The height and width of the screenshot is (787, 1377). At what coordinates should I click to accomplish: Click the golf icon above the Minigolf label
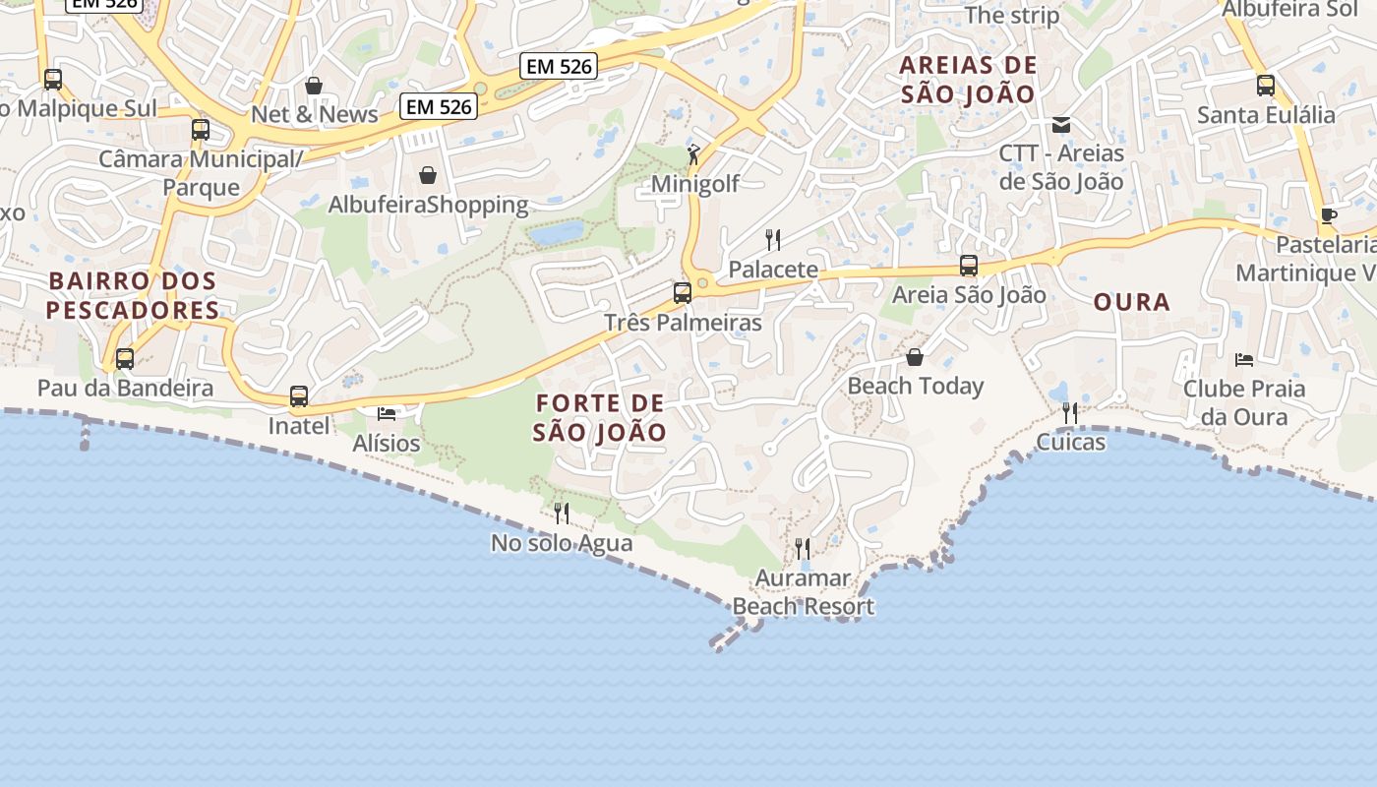[693, 153]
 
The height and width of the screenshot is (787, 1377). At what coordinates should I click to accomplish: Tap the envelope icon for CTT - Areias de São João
[1061, 125]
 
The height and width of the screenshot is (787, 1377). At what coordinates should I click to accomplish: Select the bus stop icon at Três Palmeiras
[682, 292]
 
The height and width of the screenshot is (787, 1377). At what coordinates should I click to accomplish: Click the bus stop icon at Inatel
[299, 396]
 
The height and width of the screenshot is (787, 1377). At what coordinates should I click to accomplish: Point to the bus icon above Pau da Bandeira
[125, 359]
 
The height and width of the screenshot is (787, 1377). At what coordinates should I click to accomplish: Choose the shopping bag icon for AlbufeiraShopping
[428, 175]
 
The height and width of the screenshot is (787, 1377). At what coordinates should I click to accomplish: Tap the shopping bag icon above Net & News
[314, 86]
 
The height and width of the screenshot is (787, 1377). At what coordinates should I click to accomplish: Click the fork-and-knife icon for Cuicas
[1070, 412]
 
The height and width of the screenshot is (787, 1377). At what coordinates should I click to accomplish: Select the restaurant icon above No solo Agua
[562, 513]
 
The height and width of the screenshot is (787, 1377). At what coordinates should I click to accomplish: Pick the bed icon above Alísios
[387, 414]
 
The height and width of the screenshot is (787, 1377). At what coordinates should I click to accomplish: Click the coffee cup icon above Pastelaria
[1329, 215]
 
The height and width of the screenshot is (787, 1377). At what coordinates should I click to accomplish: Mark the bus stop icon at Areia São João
[969, 265]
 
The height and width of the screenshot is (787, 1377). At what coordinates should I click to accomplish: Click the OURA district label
[1132, 302]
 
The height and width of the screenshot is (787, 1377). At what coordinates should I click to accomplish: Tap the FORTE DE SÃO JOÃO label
[600, 417]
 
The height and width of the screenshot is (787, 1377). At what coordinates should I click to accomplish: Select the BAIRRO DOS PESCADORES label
[133, 295]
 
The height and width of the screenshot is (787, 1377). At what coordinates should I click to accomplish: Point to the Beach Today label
[915, 386]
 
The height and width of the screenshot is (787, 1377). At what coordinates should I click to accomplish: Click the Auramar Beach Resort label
[804, 592]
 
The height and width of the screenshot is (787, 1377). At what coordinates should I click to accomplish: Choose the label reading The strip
[1012, 15]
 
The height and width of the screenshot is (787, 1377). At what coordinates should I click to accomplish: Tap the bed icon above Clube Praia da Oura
[1244, 359]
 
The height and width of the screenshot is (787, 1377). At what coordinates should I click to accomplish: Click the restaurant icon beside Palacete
[773, 239]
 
